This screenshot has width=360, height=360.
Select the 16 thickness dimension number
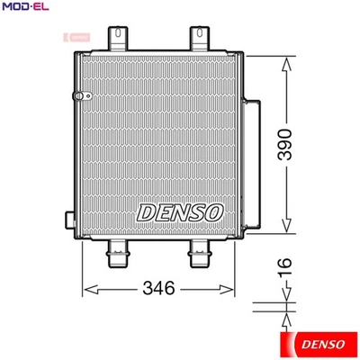point(286,265)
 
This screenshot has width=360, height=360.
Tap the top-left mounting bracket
point(118,38)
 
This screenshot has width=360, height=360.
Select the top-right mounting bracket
point(198,38)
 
